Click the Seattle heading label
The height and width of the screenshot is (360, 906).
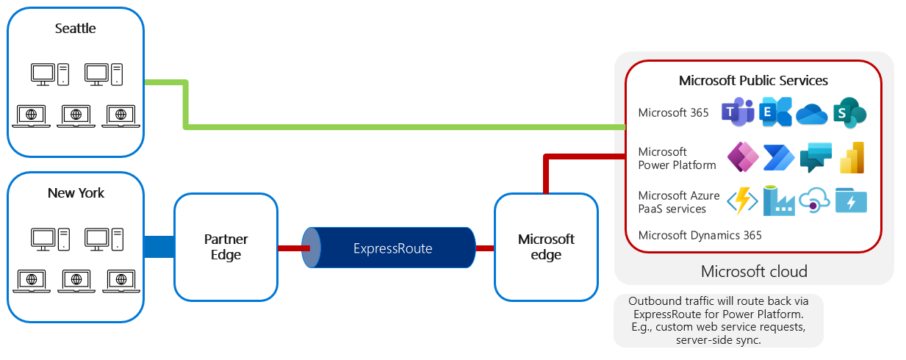pos(76,29)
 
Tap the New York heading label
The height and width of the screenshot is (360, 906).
pos(76,193)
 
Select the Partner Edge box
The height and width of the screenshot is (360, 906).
pos(226,247)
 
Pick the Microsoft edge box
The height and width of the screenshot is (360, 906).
pos(546,247)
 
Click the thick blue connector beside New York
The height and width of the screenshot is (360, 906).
pos(159,247)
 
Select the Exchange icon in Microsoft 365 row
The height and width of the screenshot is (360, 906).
pos(776,112)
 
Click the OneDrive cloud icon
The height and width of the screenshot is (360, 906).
pos(812,113)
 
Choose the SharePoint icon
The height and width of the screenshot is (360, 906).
pos(849,112)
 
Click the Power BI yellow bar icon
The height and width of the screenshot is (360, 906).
pos(852,157)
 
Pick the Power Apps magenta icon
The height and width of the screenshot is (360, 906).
pos(742,157)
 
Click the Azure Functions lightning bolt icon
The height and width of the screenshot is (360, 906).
pos(742,201)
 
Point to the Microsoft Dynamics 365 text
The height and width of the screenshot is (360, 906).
pos(700,235)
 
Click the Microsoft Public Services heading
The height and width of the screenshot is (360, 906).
pos(753,80)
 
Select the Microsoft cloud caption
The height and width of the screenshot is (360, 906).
pos(754,271)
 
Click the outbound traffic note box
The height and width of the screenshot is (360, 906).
pos(718,320)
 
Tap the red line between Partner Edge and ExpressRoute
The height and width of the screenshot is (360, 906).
pos(290,248)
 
